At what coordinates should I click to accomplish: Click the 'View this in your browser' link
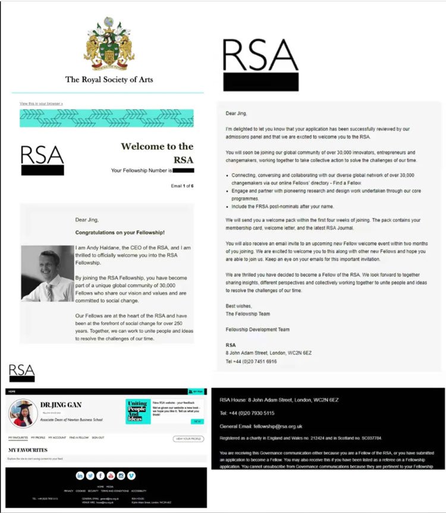[x=41, y=104]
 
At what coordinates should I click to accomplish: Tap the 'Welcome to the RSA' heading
[x=158, y=152]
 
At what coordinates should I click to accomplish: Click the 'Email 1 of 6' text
[x=181, y=186]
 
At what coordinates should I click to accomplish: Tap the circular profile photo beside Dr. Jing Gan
[x=23, y=412]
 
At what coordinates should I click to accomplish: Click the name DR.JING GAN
[x=61, y=405]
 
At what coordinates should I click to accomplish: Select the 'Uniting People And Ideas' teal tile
[x=138, y=411]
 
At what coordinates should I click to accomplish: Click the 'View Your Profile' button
[x=188, y=439]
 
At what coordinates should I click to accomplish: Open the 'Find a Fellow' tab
[x=78, y=437]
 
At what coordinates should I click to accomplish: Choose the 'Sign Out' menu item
[x=98, y=437]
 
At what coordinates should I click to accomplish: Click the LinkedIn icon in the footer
[x=80, y=476]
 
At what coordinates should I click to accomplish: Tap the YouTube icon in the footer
[x=111, y=476]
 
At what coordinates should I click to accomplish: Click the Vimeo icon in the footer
[x=131, y=476]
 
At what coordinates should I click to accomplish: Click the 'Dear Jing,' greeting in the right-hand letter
[x=237, y=113]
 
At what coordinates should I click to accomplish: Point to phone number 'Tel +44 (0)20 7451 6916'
[x=251, y=361]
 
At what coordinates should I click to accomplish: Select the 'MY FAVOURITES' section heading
[x=27, y=450]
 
